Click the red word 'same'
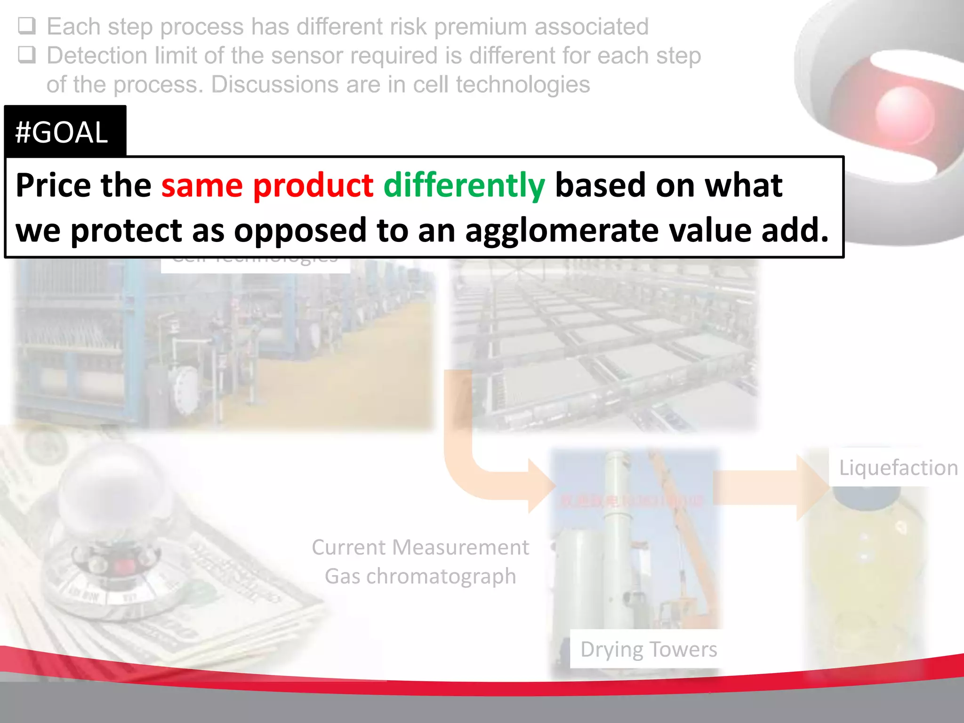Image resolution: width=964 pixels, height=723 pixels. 202,185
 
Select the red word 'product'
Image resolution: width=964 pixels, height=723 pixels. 313,185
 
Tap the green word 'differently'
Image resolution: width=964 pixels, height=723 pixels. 464,186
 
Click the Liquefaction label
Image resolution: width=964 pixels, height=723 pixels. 898,468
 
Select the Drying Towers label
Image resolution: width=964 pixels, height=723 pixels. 648,649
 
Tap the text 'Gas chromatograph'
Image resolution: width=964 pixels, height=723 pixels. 420,576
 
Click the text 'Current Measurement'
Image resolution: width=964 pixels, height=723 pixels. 420,547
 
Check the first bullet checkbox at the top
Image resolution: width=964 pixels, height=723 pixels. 26,26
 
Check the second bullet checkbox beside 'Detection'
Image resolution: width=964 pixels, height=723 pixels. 26,55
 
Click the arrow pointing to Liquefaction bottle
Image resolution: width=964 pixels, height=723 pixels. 772,487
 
